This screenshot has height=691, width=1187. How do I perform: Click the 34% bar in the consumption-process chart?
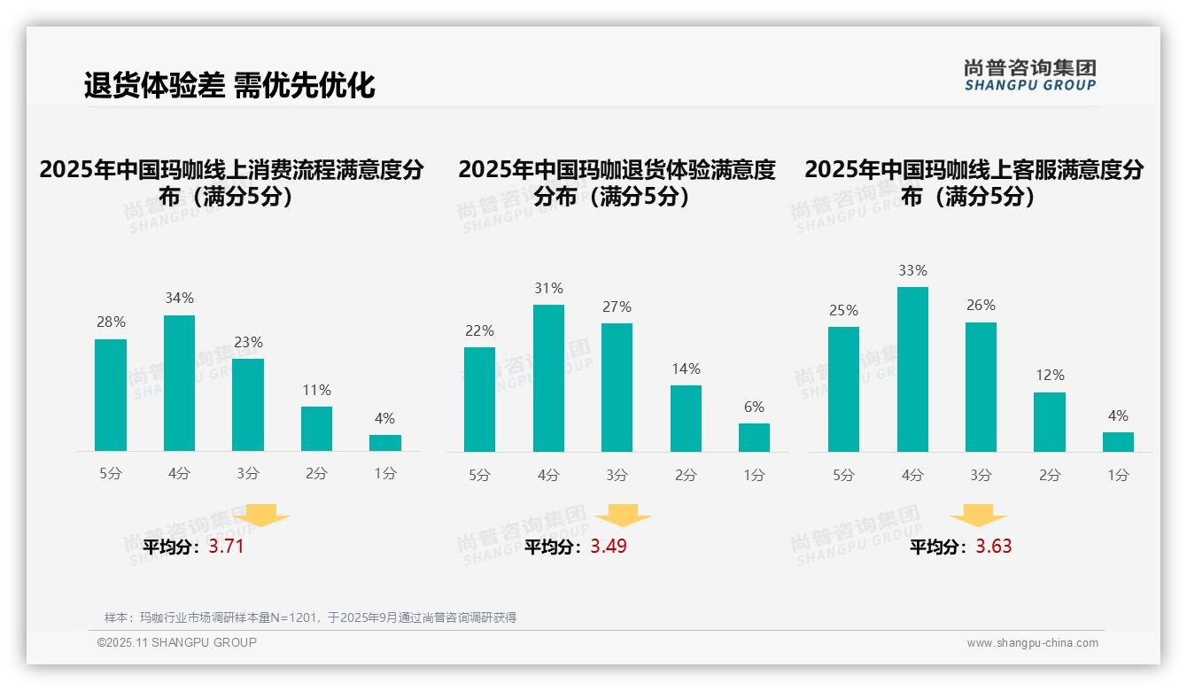[x=179, y=383]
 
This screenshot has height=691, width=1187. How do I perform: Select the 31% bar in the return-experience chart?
[x=548, y=378]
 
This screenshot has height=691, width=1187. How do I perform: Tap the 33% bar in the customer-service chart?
[x=912, y=369]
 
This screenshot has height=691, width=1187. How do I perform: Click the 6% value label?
[x=754, y=407]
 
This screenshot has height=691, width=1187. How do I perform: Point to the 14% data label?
[x=686, y=369]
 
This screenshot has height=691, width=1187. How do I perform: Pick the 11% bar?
[x=316, y=429]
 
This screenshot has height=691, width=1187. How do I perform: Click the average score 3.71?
[x=226, y=547]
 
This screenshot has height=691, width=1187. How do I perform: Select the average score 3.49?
[x=609, y=547]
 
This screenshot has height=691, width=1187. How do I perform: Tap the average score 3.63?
[x=994, y=547]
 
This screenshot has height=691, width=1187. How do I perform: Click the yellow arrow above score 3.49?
[x=623, y=516]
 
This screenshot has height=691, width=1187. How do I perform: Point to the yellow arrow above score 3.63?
[x=978, y=516]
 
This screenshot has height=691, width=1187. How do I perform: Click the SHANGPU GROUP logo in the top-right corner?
[x=1029, y=75]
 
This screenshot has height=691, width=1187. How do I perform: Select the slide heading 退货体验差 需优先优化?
[x=229, y=85]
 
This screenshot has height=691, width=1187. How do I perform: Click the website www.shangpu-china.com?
[x=1032, y=643]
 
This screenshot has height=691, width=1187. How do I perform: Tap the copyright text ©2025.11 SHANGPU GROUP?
[x=177, y=642]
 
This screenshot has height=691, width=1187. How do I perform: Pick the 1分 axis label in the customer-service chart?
[x=1118, y=475]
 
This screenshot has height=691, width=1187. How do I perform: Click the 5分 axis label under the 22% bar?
[x=479, y=475]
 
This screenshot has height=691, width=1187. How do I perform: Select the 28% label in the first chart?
[x=111, y=322]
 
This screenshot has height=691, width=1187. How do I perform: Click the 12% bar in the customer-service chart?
[x=1050, y=422]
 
